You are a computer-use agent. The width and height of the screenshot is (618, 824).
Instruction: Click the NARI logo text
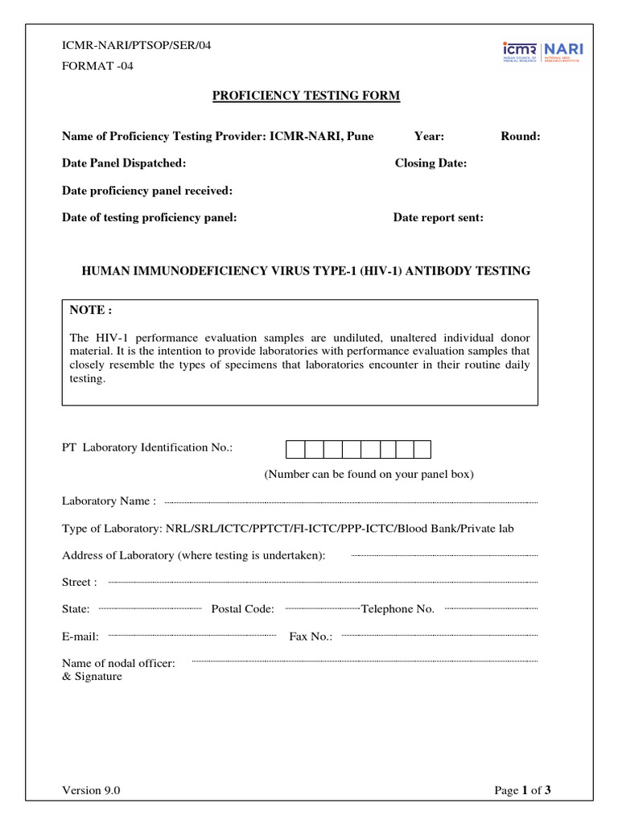tap(565, 49)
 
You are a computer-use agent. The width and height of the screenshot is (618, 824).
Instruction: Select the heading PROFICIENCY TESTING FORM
tap(306, 97)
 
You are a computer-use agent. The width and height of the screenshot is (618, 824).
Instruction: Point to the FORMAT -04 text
tap(97, 66)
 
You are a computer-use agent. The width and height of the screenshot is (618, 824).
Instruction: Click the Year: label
tap(429, 137)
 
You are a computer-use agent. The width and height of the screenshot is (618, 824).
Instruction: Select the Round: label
tap(520, 137)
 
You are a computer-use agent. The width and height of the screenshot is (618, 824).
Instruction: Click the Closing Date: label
tap(431, 163)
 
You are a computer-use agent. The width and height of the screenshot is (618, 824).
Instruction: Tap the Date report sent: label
tap(438, 218)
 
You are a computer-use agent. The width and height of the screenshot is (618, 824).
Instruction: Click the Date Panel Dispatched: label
tap(124, 163)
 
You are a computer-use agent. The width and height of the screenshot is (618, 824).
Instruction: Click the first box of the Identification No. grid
tap(295, 449)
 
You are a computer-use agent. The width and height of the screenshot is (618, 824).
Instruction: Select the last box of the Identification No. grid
tap(422, 449)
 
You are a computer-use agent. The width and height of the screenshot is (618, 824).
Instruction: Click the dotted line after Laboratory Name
tap(350, 502)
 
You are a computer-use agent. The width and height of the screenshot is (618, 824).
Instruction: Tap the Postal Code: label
tap(242, 609)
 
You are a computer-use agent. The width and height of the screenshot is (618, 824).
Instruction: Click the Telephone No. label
tap(398, 609)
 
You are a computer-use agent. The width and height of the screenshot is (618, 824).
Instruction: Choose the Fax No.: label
tap(311, 637)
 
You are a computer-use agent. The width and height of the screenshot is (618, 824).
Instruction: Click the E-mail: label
tap(80, 637)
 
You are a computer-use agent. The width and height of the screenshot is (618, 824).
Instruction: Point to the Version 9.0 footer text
tap(91, 790)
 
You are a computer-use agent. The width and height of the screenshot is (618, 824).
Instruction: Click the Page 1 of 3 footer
tap(522, 790)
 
